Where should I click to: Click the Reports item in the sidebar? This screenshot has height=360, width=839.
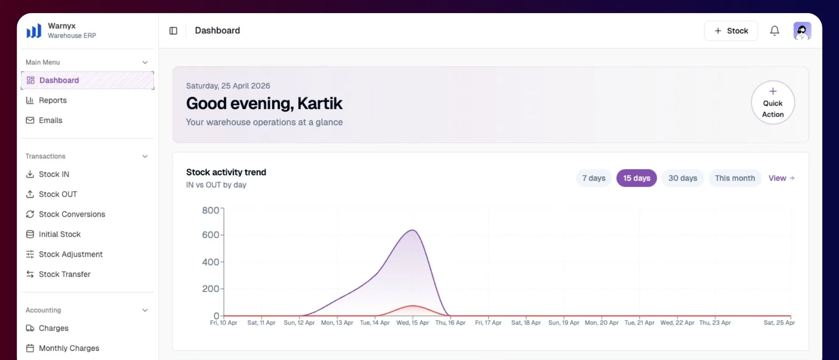46,100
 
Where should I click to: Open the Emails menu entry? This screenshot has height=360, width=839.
44,121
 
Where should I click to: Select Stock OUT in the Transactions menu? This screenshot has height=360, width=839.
52,194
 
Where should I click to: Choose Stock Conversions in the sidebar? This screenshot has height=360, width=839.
66,215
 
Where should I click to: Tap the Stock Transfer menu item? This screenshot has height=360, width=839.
58,274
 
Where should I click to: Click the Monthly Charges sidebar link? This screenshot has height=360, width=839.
62,348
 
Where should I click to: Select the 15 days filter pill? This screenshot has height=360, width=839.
637,178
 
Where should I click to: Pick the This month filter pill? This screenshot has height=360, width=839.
735,178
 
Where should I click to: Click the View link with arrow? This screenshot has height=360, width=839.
781,178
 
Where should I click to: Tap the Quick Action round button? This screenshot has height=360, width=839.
773,103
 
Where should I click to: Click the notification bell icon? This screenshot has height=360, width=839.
775,31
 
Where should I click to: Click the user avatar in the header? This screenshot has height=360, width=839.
802,31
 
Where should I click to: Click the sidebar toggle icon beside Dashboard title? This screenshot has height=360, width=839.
173,31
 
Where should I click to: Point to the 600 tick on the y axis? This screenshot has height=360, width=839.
211,235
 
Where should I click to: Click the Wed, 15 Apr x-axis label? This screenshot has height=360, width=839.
413,323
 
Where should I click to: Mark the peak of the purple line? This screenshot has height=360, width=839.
413,230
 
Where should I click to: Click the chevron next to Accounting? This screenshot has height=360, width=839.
145,310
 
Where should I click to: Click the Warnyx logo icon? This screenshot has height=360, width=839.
34,31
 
